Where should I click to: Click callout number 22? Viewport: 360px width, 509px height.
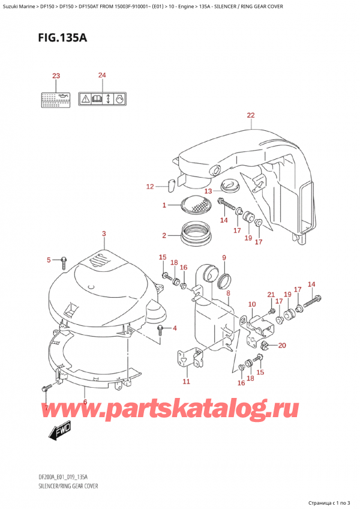[x=250, y=115]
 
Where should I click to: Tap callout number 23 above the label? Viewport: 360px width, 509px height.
[x=56, y=76]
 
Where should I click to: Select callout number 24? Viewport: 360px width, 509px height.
[x=102, y=75]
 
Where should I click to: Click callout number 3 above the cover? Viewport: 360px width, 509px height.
[x=104, y=233]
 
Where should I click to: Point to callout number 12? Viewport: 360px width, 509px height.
[x=150, y=187]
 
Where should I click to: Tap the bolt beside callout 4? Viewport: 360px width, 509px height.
[x=161, y=328]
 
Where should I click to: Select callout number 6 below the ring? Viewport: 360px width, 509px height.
[x=85, y=403]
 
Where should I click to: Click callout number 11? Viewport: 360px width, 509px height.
[x=186, y=381]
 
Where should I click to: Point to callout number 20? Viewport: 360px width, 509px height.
[x=283, y=345]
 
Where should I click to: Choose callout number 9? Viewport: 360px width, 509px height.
[x=223, y=258]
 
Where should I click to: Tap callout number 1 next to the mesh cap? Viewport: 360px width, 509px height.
[x=164, y=206]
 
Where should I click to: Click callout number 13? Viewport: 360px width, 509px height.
[x=208, y=191]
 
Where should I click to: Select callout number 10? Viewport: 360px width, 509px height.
[x=252, y=304]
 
